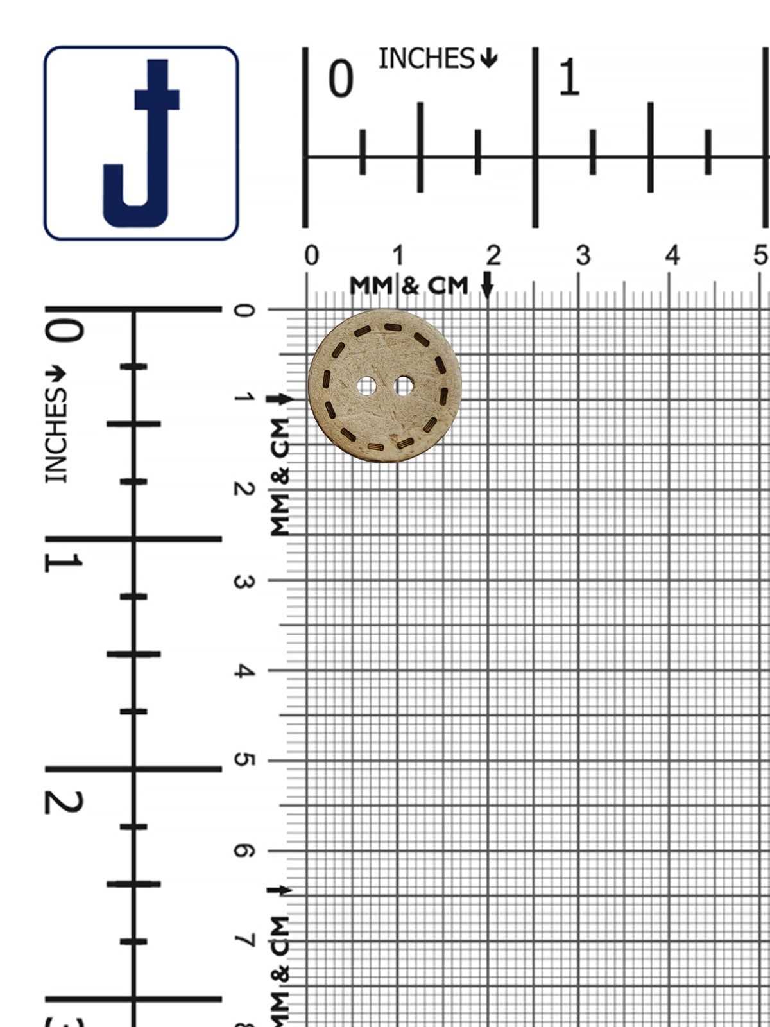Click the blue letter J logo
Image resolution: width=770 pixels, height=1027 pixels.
point(141,143)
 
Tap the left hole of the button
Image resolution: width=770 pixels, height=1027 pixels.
point(366,386)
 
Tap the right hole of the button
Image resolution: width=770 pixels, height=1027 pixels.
point(404,386)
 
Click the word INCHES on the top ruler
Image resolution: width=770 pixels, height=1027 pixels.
point(426,59)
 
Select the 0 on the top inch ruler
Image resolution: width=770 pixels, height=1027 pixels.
point(341,78)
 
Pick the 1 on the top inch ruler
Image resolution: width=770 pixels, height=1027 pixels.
point(569,78)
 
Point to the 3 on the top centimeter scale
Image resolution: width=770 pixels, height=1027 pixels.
point(583,256)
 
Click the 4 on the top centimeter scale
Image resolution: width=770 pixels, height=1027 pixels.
point(672,256)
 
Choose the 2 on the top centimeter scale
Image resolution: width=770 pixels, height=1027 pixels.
point(493,256)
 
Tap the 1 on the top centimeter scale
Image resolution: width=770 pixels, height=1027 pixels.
point(398,256)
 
